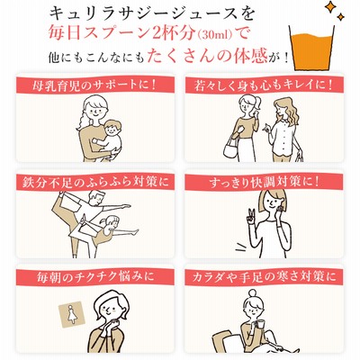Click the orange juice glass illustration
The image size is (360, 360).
(x=311, y=49)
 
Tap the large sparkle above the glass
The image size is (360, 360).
(x=330, y=7)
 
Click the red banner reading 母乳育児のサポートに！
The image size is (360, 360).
(x=95, y=85)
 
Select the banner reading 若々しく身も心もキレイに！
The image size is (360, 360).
(x=265, y=85)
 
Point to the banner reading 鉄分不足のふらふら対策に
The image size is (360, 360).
(x=95, y=182)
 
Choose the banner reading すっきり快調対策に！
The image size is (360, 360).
(x=265, y=183)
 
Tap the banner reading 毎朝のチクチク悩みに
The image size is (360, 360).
(x=95, y=276)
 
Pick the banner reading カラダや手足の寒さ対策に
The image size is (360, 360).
(x=265, y=276)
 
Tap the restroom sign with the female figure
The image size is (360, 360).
(x=72, y=314)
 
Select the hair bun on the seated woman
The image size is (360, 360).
(x=254, y=293)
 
